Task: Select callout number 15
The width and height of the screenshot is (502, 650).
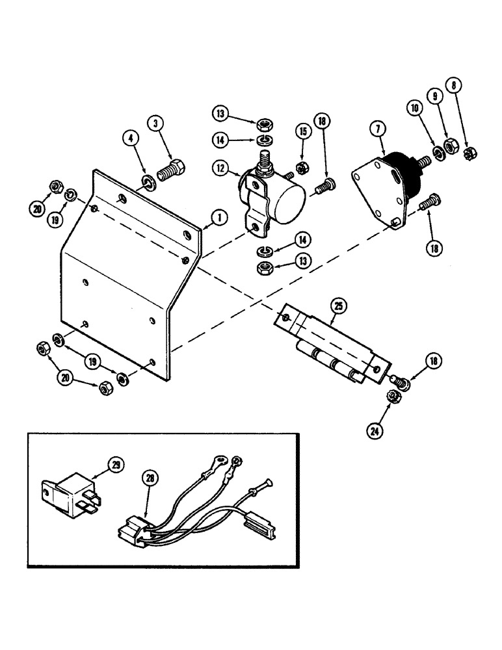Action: click(303, 132)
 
